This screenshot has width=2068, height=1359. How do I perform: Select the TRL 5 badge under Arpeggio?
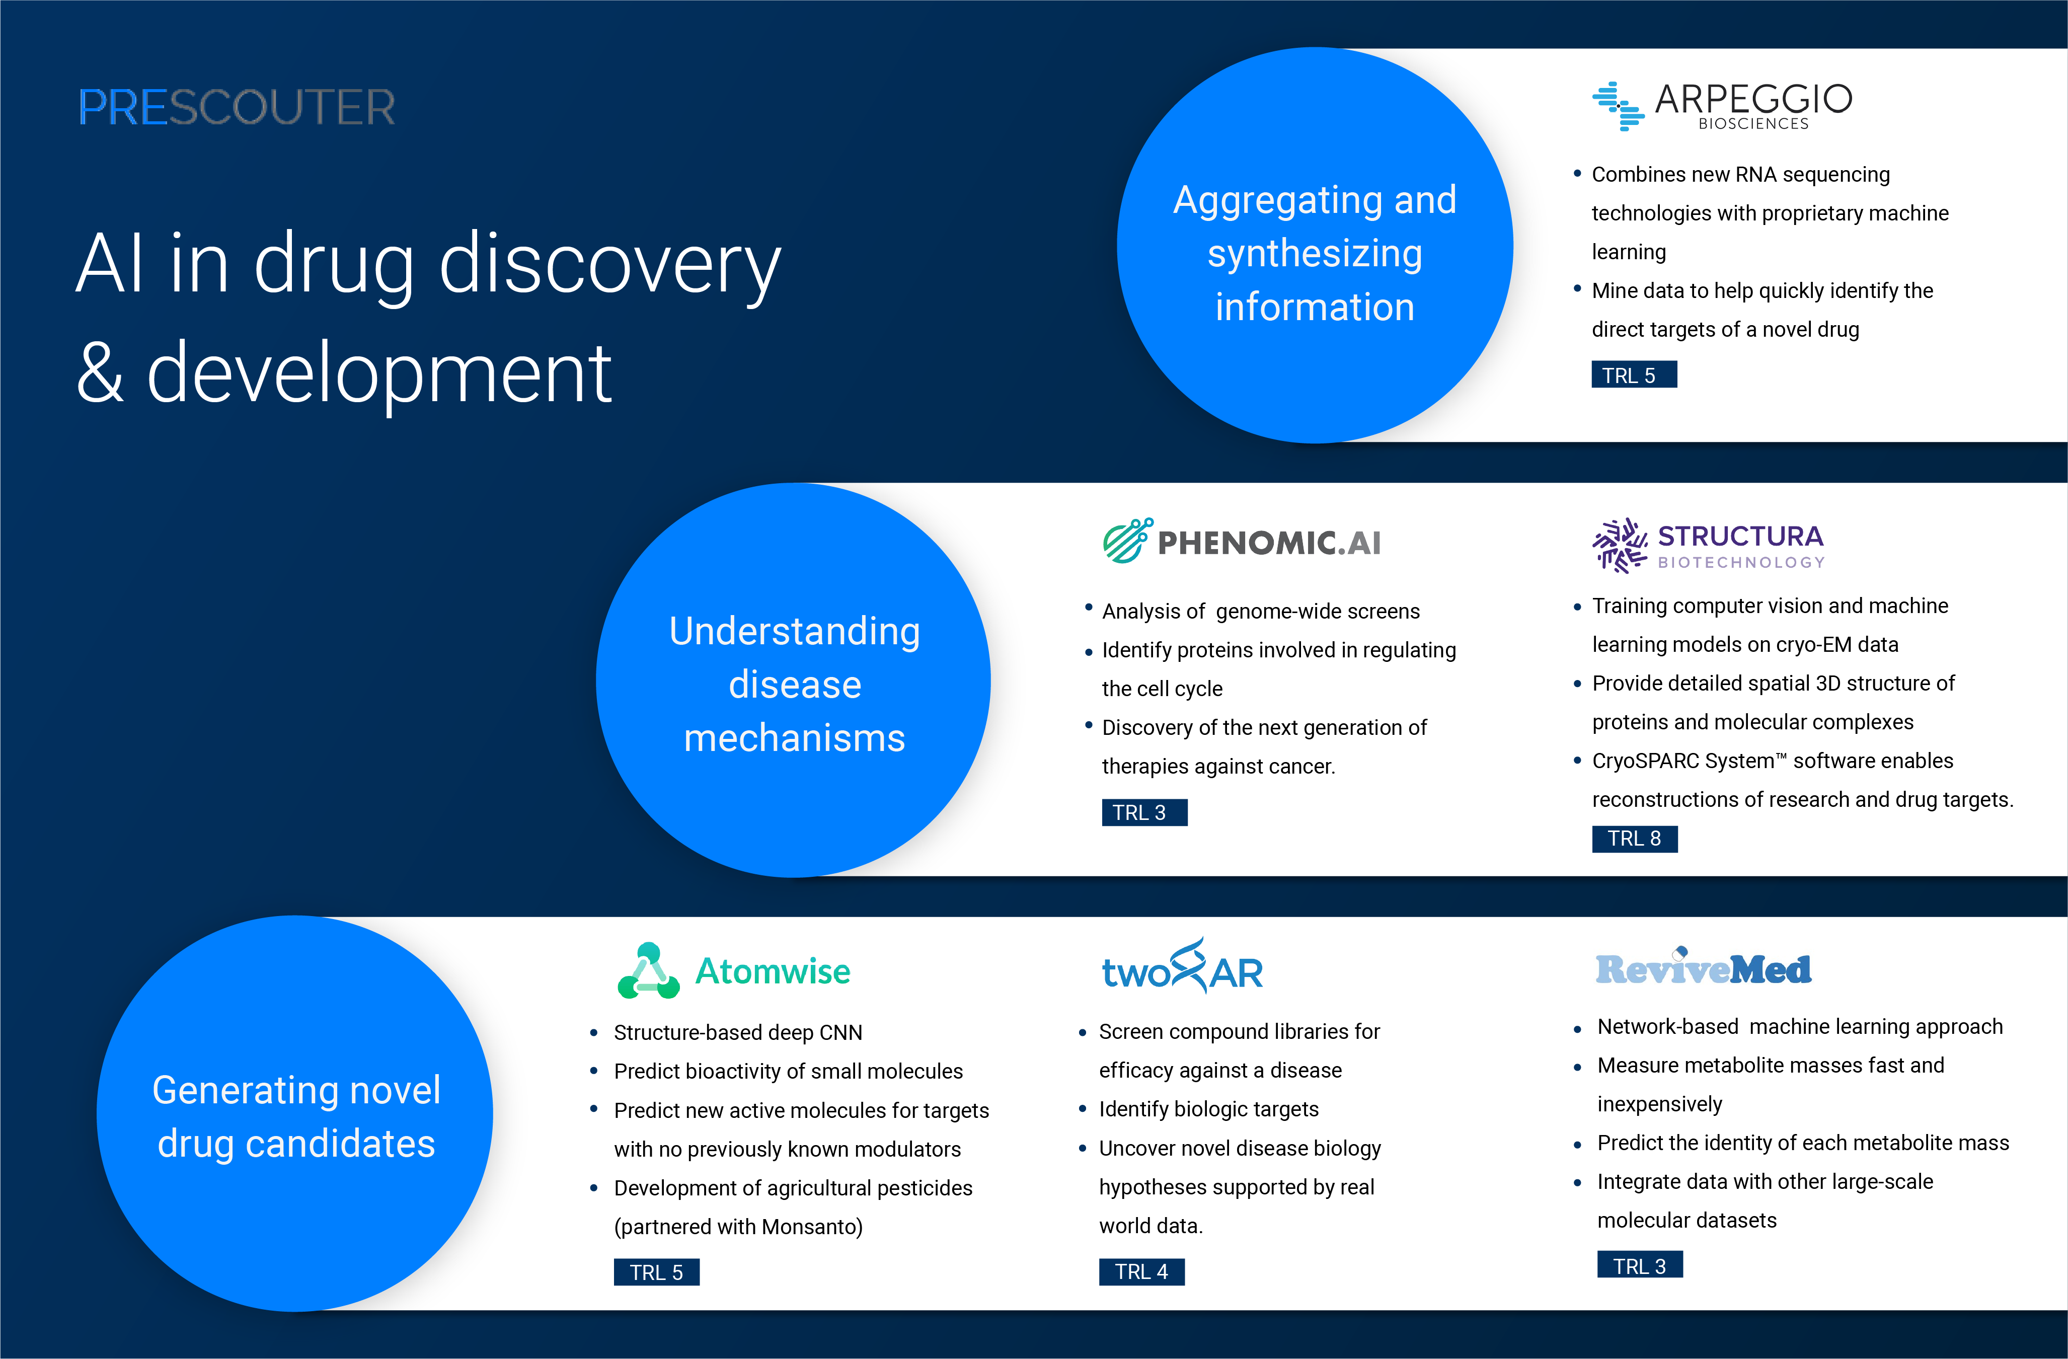coord(1634,375)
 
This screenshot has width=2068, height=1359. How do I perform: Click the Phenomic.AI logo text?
coord(1269,543)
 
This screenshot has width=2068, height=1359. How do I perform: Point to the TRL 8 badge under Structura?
coord(1634,839)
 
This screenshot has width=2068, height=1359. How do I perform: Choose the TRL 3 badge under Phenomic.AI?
coord(1143,812)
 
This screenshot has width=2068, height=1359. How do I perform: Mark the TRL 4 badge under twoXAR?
coord(1141,1272)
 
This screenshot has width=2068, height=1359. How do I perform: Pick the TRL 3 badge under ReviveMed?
coord(1640,1265)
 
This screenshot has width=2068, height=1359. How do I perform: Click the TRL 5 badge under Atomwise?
coord(656,1272)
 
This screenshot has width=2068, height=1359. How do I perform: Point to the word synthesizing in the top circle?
coord(1315,254)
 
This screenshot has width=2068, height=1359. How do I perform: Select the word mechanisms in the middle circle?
coord(794,738)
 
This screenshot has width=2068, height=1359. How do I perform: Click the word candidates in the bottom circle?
coord(340,1144)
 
